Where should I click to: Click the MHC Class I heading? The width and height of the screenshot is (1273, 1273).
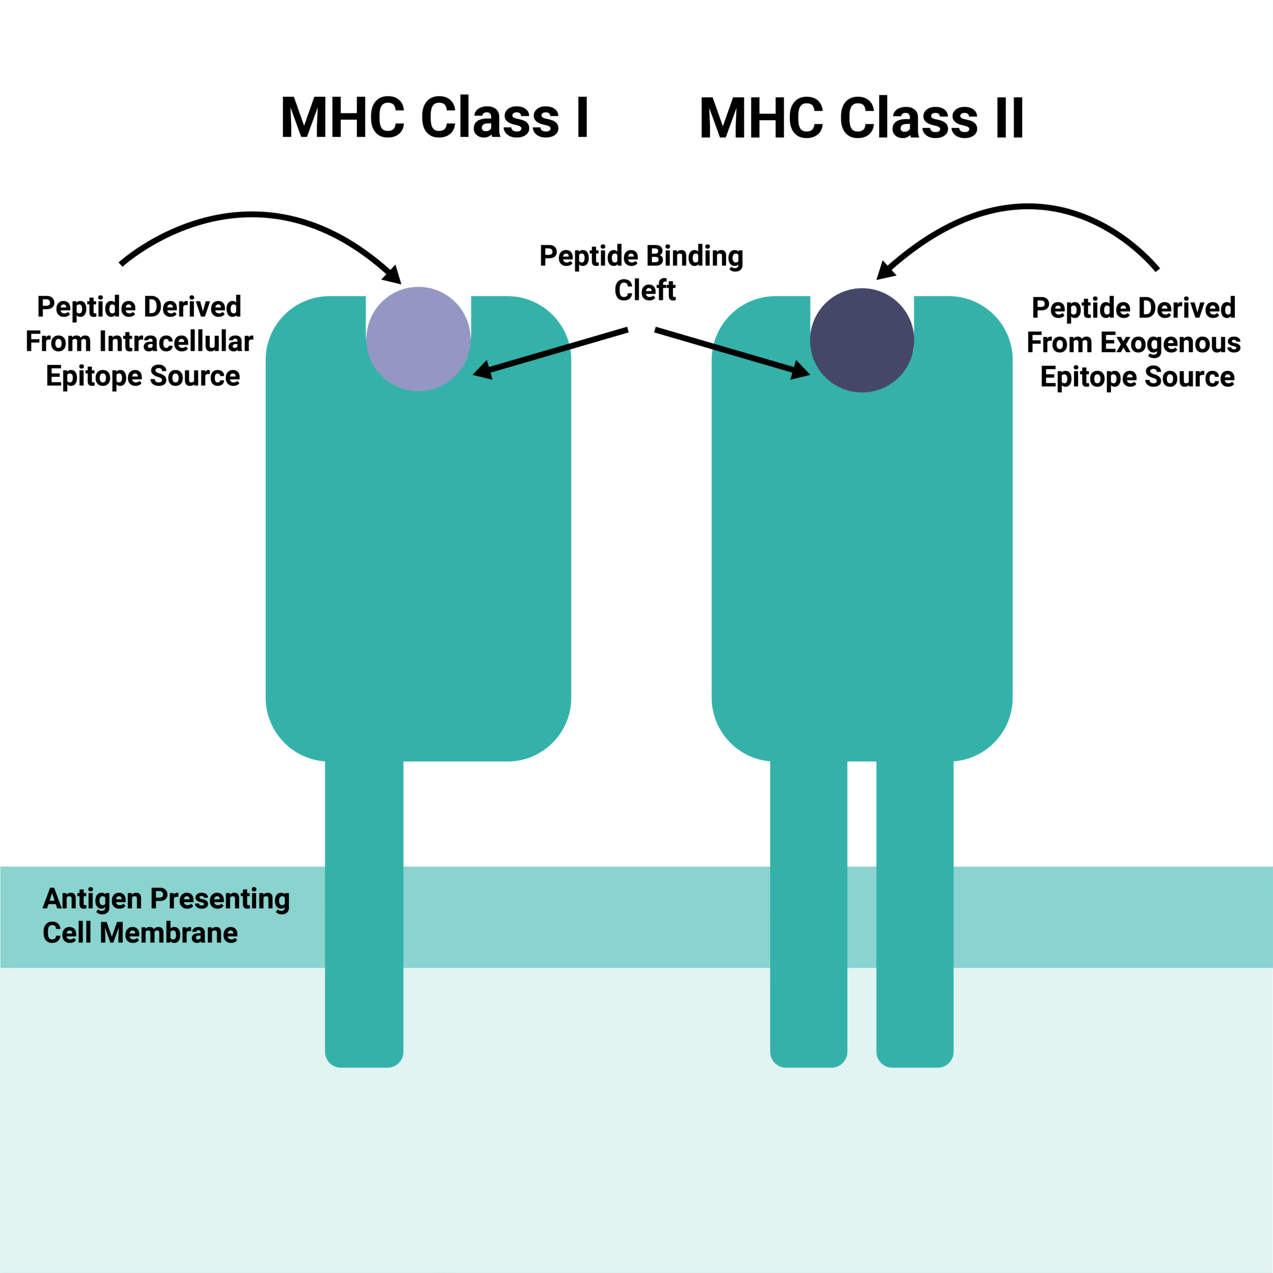pyautogui.click(x=434, y=117)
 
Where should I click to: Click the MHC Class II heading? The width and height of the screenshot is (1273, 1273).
pyautogui.click(x=861, y=117)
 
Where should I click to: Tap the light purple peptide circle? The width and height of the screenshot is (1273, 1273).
pyautogui.click(x=418, y=339)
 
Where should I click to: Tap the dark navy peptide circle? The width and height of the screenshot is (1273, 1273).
pyautogui.click(x=862, y=340)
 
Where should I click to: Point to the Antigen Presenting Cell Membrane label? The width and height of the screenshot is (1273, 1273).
pyautogui.click(x=166, y=916)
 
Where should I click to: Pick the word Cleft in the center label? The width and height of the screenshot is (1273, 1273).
pyautogui.click(x=645, y=290)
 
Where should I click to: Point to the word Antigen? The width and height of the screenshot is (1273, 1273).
pyautogui.click(x=92, y=899)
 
